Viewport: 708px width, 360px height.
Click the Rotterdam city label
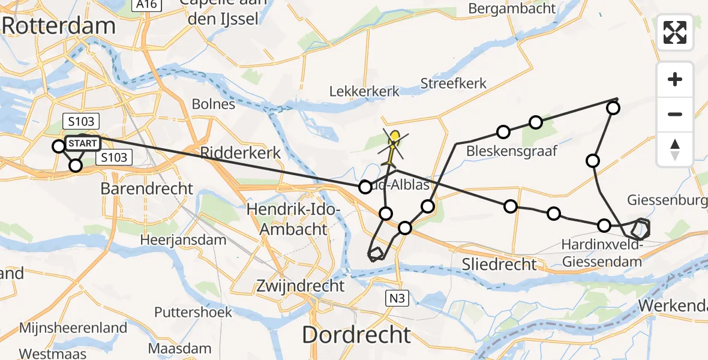pos(59,26)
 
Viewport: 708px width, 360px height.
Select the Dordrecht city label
pos(356,335)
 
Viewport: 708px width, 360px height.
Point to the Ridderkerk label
pos(241,153)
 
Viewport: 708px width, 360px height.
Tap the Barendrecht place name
pos(147,188)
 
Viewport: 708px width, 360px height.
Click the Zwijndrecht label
pos(300,286)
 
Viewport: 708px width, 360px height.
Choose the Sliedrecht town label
pos(500,264)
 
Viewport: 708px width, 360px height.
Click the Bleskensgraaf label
pos(512,151)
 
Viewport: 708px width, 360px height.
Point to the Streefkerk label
pos(454,83)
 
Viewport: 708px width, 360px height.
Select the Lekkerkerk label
pos(364,92)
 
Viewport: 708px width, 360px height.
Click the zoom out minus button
pos(675,114)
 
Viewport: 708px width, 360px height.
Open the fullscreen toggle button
pos(675,32)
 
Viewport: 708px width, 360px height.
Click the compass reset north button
pos(675,149)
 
